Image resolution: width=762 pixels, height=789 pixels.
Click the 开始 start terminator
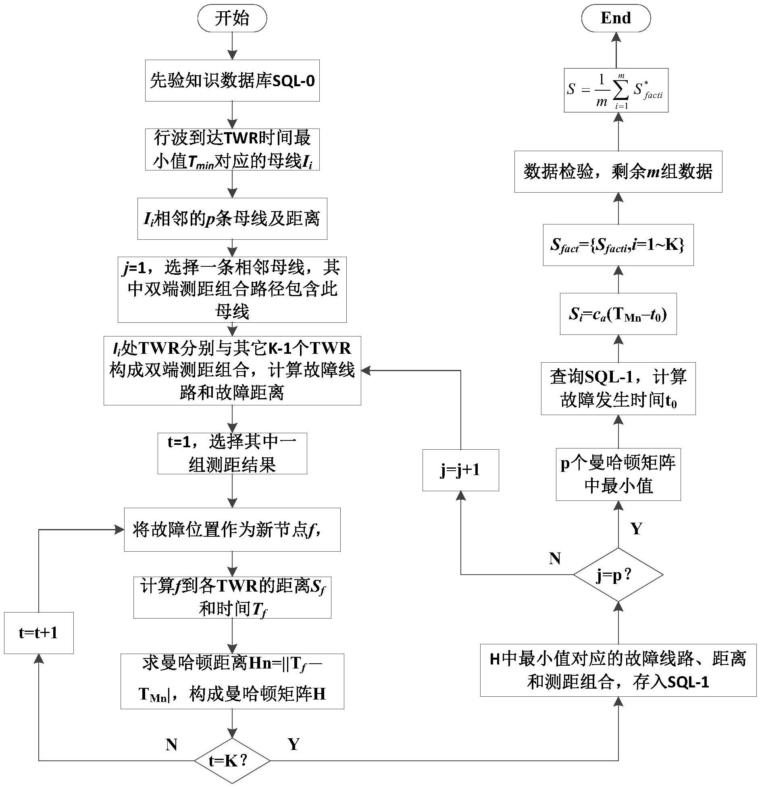click(x=232, y=19)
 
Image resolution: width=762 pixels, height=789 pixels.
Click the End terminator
click(x=616, y=19)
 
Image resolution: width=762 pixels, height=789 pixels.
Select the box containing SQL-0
click(x=232, y=81)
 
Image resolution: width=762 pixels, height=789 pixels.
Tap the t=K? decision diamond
click(x=232, y=761)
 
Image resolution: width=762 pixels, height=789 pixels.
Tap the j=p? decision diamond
click(x=618, y=575)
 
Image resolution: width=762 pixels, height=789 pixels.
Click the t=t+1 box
click(x=39, y=633)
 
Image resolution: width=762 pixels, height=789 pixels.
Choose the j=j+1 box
click(x=460, y=470)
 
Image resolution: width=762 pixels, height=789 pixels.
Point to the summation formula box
click(x=616, y=90)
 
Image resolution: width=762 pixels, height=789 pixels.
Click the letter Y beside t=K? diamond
click(x=294, y=744)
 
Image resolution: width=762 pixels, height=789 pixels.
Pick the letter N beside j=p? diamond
click(x=555, y=559)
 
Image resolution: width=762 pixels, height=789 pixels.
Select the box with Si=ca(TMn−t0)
click(x=618, y=314)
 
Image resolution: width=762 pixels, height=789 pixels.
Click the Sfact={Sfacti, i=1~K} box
click(x=618, y=245)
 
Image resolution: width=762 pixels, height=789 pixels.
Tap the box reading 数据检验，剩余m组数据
click(x=618, y=172)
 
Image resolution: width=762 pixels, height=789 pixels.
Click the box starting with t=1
click(x=232, y=453)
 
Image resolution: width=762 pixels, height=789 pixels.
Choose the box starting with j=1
click(x=232, y=289)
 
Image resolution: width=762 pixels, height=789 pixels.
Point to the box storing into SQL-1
click(x=618, y=670)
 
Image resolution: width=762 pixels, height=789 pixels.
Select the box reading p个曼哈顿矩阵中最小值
click(x=618, y=474)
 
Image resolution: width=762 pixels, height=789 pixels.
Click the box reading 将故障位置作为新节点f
click(x=232, y=529)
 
